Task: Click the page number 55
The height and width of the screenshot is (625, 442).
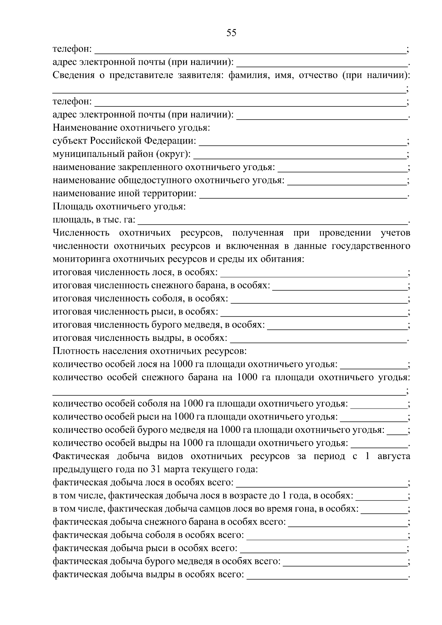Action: pos(231,33)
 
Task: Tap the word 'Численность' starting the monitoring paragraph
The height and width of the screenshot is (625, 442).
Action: pos(81,233)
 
